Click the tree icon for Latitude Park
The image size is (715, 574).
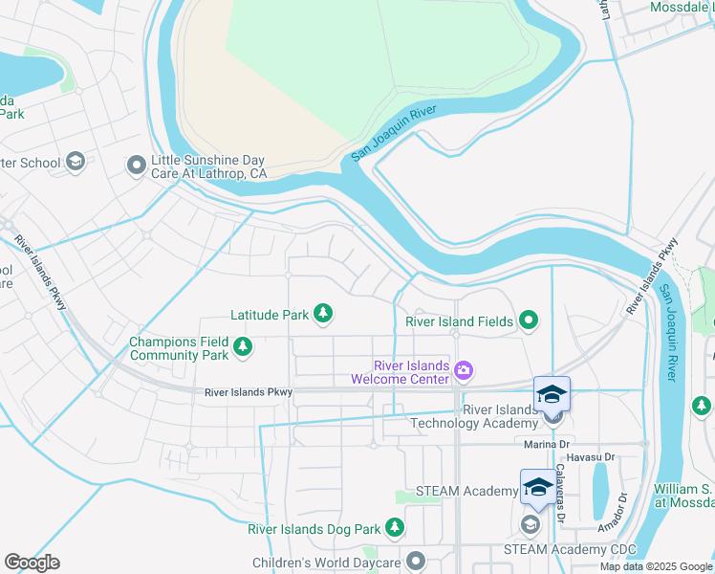[x=324, y=313]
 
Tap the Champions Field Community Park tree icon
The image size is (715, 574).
[x=244, y=347]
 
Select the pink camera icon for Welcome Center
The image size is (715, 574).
[x=465, y=370]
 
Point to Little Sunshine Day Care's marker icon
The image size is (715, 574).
[x=136, y=166]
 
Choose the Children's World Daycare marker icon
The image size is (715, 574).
[x=415, y=562]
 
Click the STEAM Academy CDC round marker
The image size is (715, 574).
[x=530, y=524]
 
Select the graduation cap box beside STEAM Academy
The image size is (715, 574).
[x=537, y=487]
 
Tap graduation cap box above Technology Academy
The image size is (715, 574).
[x=552, y=393]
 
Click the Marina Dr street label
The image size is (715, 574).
[x=547, y=444]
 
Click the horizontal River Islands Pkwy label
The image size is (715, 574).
[x=249, y=392]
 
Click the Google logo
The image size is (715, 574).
[x=32, y=563]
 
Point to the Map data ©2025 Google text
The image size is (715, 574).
[x=655, y=566]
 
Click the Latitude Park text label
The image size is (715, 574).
[x=269, y=314]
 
